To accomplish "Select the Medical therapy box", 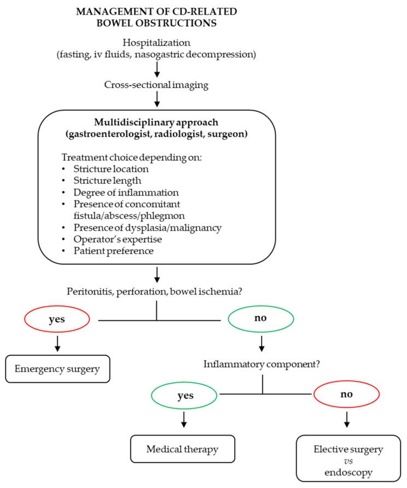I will tap(182, 449).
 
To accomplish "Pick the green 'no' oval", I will tap(262, 318).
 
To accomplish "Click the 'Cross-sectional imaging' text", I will tap(157, 84).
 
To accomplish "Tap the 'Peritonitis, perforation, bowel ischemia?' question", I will tap(156, 291).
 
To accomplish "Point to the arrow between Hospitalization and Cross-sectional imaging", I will tap(157, 68).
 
